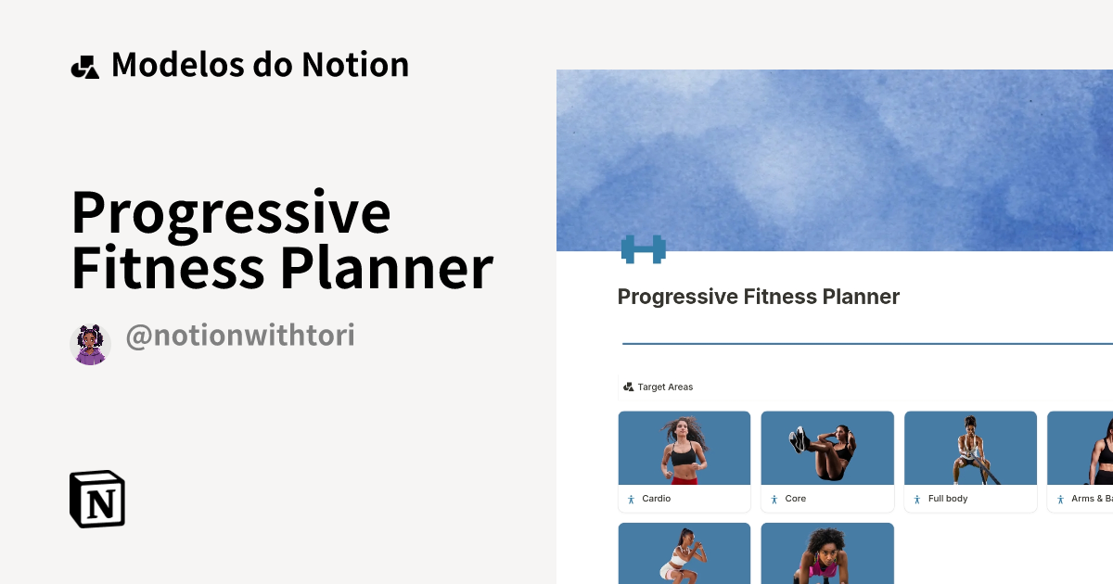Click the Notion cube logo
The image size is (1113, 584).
tap(97, 499)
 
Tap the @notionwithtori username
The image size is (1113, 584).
tap(239, 336)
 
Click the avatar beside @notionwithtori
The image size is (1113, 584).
tap(91, 344)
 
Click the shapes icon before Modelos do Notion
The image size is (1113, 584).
tap(85, 67)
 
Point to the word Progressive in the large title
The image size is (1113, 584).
tap(231, 211)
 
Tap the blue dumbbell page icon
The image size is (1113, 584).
tap(643, 248)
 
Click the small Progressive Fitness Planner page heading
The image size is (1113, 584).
tap(758, 297)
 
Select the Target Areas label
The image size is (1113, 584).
tap(665, 387)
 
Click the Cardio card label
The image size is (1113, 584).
tap(656, 499)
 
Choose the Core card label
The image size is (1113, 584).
tap(795, 499)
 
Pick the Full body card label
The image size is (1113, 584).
tap(947, 499)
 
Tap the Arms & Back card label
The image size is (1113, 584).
tap(1091, 499)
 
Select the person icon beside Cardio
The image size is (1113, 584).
tap(631, 499)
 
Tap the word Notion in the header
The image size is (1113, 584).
tap(355, 65)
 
